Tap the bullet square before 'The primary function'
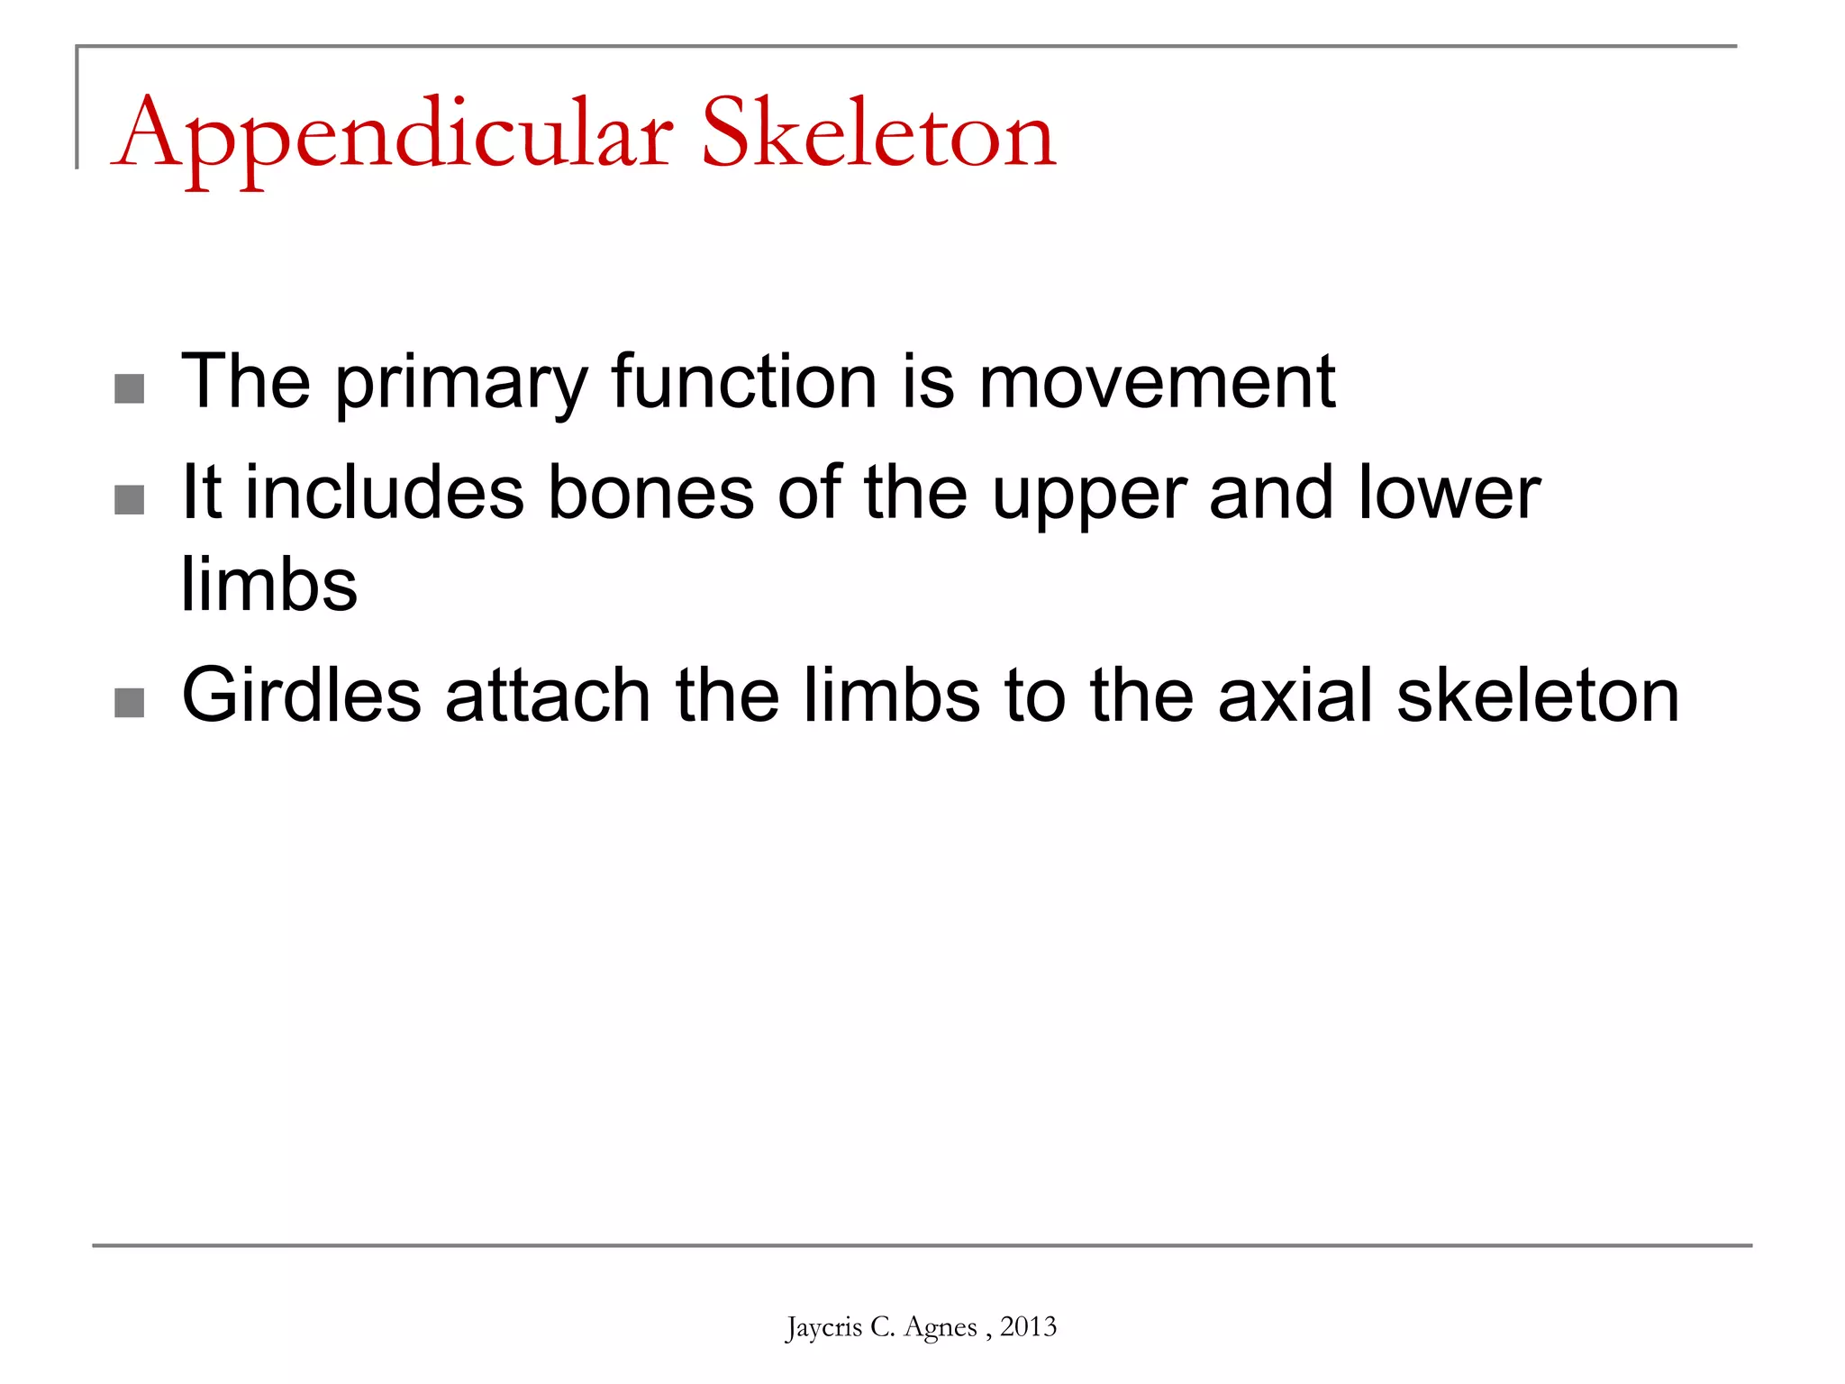pos(130,389)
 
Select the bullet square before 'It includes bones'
pos(130,500)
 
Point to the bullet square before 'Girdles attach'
pos(130,703)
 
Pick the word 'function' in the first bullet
pos(744,382)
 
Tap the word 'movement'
pos(1157,382)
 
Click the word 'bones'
pos(651,493)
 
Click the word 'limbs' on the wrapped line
pos(269,584)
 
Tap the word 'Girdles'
pos(302,696)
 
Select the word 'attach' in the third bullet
pos(548,696)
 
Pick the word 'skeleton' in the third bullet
pos(1538,696)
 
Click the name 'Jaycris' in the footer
pos(823,1327)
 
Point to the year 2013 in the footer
pos(1028,1326)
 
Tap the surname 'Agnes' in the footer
pos(941,1328)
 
